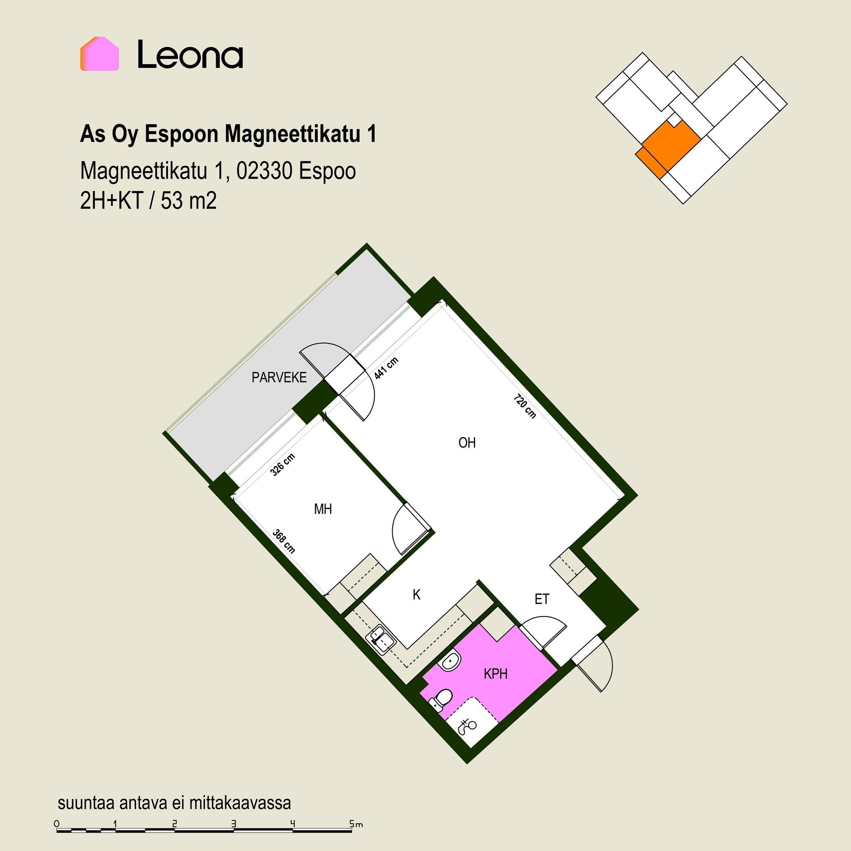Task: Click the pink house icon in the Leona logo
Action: coord(99,54)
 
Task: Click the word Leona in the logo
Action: coord(190,55)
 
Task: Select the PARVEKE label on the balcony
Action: coord(279,378)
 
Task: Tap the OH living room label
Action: coord(467,443)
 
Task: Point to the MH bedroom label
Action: coord(323,509)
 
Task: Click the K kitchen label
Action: coord(417,595)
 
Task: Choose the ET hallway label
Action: coord(542,599)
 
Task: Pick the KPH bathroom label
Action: coord(496,674)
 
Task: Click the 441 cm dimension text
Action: coord(386,368)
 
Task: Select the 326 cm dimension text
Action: coord(283,465)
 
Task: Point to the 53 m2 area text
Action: coord(189,201)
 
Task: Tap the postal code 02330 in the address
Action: coord(264,171)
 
